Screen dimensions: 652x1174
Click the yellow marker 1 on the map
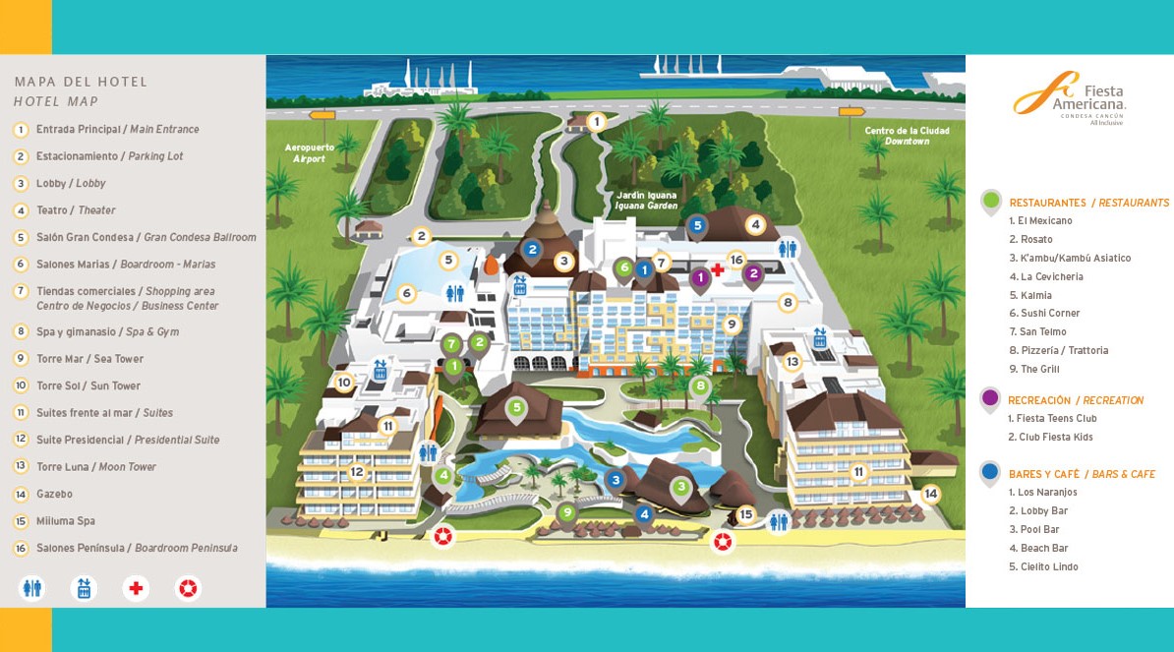596,122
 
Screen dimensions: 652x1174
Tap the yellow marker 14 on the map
930,494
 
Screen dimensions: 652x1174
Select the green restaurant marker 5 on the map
515,407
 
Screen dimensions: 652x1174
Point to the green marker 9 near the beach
566,511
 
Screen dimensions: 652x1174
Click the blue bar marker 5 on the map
697,225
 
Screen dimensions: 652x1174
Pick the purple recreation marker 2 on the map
753,273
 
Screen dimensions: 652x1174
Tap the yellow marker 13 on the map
792,362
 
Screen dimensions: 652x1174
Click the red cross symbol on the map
718,269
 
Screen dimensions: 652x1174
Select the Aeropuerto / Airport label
310,152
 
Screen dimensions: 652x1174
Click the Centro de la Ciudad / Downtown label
907,136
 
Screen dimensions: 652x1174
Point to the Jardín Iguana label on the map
646,200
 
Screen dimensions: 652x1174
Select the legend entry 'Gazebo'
54,494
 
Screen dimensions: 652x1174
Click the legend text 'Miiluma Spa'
65,521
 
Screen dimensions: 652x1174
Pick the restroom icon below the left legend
32,588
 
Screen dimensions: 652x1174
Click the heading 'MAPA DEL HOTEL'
81,82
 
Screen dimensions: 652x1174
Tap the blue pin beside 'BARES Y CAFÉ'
990,473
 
